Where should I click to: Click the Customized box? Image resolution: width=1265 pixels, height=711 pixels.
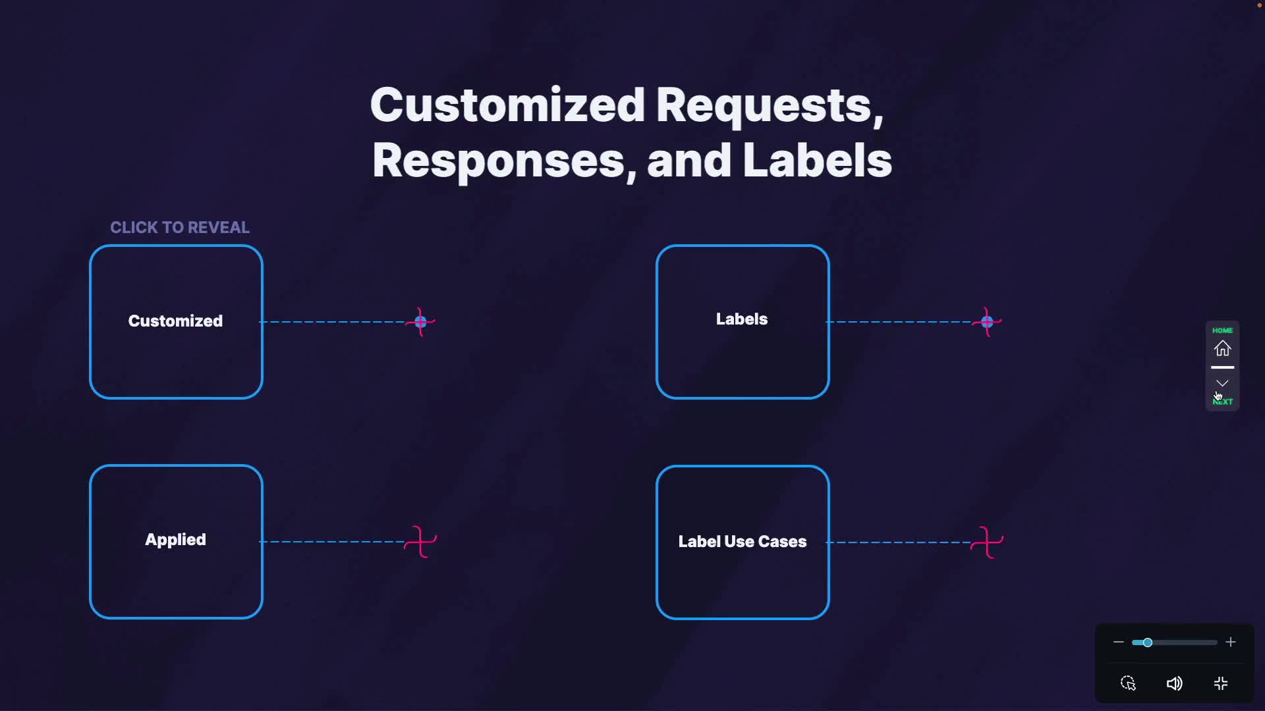176,321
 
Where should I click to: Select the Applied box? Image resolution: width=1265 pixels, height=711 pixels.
176,541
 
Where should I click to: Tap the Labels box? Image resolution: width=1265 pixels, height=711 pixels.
743,321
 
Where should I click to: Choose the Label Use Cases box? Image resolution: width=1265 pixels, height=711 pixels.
743,542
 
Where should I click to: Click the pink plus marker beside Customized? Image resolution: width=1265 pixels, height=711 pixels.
420,322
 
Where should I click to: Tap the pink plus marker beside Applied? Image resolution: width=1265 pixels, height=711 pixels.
420,542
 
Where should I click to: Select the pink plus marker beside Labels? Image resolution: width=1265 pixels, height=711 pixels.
987,322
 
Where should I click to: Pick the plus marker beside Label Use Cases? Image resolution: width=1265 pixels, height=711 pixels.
987,542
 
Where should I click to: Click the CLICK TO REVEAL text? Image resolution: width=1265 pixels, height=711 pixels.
180,228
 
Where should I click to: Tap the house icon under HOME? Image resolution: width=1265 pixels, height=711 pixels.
1223,348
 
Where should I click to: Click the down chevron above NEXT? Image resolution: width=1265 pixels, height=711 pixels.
1222,383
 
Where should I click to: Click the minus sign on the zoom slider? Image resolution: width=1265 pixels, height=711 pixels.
1118,643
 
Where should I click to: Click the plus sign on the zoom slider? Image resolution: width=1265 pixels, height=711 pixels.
1231,643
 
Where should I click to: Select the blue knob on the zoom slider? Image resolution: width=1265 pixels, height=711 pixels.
1148,643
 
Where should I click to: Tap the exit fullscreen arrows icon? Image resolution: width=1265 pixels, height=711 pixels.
1221,683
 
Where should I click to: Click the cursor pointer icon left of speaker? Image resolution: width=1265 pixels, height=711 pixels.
1128,683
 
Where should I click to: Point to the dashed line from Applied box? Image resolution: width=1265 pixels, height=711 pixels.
333,542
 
